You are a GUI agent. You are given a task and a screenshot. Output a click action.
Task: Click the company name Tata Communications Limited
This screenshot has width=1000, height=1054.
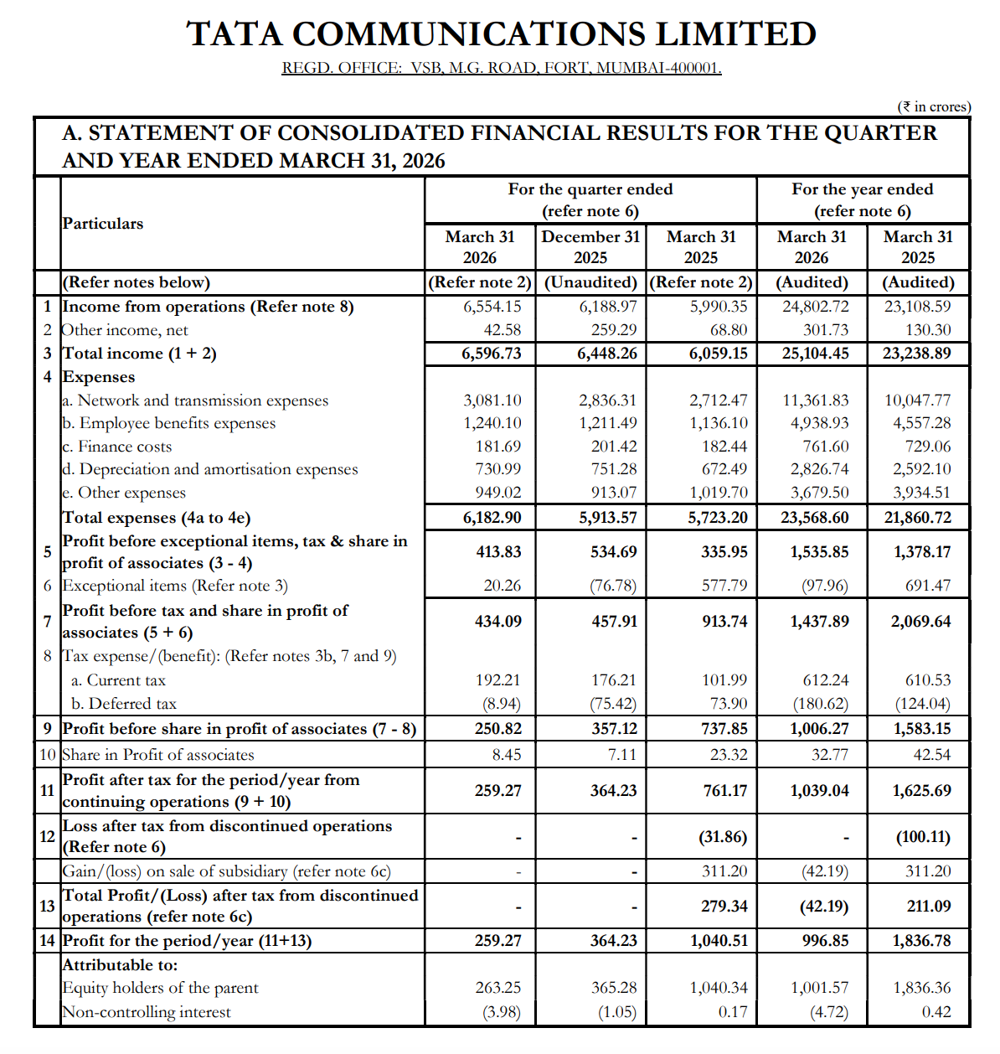click(501, 34)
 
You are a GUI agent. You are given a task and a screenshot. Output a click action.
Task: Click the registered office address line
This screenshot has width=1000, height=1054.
click(501, 68)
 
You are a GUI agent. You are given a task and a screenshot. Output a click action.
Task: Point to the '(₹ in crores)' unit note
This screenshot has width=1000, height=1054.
click(933, 106)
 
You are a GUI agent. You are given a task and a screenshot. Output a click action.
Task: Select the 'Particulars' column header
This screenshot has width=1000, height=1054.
click(102, 224)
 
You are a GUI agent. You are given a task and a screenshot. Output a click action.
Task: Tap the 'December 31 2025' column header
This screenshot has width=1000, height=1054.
click(590, 247)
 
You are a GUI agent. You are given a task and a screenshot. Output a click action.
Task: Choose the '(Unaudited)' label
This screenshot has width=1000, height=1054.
click(590, 282)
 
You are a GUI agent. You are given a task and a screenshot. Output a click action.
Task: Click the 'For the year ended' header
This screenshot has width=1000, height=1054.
click(862, 189)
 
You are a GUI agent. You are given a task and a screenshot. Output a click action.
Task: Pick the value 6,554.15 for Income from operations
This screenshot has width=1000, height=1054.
click(492, 307)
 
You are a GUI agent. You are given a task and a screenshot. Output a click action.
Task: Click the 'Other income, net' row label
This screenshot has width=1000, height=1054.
click(125, 330)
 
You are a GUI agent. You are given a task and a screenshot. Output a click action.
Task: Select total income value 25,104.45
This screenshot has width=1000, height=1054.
click(815, 354)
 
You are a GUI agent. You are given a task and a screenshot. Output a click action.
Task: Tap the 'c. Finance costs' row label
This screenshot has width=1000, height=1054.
click(116, 447)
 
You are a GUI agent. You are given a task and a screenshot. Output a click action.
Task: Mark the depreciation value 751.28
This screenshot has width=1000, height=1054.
click(614, 469)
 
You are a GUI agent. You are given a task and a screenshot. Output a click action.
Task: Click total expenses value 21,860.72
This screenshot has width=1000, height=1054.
click(917, 517)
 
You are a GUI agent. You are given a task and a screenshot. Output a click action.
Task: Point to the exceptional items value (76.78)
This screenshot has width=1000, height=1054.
click(613, 585)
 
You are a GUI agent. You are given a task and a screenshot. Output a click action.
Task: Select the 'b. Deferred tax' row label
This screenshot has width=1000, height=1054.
click(123, 704)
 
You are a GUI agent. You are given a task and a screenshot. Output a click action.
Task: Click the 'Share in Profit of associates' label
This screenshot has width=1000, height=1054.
click(158, 755)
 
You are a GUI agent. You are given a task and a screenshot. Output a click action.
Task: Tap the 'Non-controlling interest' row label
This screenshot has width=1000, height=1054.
click(147, 1012)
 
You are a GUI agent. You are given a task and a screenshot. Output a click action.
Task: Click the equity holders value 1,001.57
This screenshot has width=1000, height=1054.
click(819, 988)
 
